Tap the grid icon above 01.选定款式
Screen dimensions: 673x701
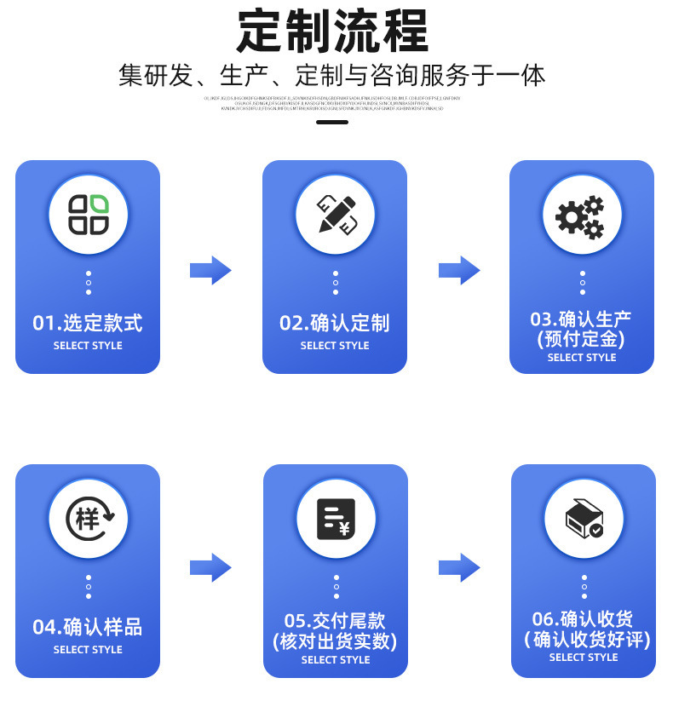[88, 214]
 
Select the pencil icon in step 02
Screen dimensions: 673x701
[335, 214]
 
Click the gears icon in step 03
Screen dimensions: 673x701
[582, 214]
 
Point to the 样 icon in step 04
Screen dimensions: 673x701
[88, 518]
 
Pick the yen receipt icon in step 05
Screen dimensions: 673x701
[336, 518]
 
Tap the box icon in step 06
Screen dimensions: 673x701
[584, 518]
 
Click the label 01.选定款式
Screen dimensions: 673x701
[88, 324]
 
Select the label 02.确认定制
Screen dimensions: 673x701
[335, 324]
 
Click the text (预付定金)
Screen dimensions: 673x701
[582, 339]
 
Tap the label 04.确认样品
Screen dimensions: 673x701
[88, 628]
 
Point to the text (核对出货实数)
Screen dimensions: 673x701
[336, 641]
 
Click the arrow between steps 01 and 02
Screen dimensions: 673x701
[210, 271]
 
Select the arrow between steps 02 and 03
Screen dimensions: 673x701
[459, 271]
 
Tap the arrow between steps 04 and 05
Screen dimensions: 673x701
[210, 567]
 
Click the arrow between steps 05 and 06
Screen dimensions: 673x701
[459, 567]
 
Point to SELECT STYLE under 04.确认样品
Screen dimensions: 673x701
[88, 650]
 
